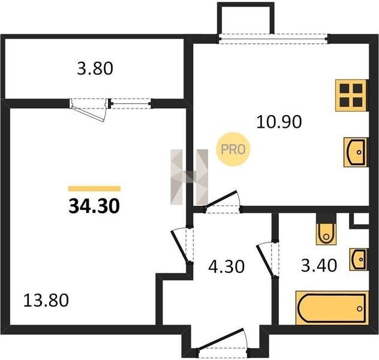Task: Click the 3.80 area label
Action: tap(95, 68)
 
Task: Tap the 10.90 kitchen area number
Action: tap(279, 122)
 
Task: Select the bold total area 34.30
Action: tap(94, 206)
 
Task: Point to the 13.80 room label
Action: tap(46, 300)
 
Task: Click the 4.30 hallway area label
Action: tap(227, 266)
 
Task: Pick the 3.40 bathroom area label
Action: tap(319, 265)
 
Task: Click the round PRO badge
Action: tap(233, 149)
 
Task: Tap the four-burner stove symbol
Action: tap(352, 95)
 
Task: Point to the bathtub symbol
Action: tap(332, 308)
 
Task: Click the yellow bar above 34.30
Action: tap(94, 188)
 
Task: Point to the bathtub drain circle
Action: tap(360, 309)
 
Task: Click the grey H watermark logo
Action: tap(189, 177)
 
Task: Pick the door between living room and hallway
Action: tap(182, 245)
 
